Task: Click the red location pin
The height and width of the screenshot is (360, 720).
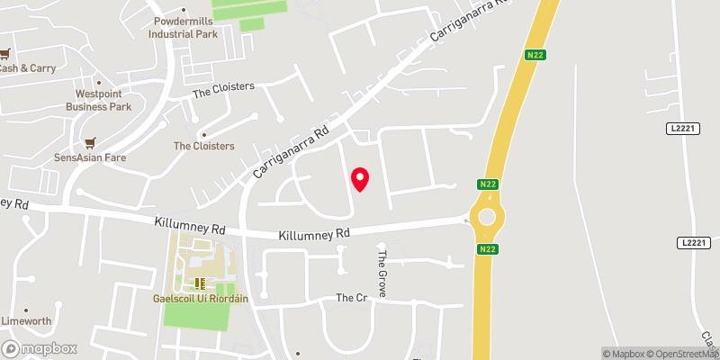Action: pos(360,179)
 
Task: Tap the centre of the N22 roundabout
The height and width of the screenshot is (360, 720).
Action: pos(487,217)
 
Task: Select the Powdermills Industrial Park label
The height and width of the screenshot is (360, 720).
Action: pos(186,27)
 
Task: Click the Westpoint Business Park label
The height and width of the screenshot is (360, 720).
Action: pos(99,100)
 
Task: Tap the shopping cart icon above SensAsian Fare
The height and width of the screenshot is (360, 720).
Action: pos(88,142)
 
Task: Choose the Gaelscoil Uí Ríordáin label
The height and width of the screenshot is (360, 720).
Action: pos(201,297)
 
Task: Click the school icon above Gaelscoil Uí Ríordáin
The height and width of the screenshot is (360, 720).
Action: pos(201,282)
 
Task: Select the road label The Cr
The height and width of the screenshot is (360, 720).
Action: pos(352,298)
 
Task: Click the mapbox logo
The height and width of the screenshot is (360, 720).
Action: pos(40,348)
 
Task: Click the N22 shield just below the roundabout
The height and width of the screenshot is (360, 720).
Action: pos(487,249)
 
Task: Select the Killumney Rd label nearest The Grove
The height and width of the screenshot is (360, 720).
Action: pos(314,233)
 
